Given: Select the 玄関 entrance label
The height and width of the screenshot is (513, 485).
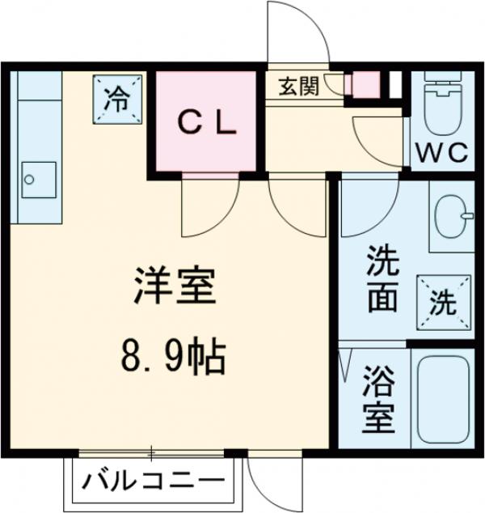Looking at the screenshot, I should pyautogui.click(x=297, y=87).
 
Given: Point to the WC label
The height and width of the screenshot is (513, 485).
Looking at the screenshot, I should pyautogui.click(x=441, y=153).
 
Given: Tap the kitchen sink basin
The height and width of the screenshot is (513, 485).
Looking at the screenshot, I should pyautogui.click(x=37, y=179).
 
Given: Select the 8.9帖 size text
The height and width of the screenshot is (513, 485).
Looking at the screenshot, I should pyautogui.click(x=173, y=355).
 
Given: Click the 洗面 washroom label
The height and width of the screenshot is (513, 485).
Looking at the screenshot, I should pyautogui.click(x=382, y=280).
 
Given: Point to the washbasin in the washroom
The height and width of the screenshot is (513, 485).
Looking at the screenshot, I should pyautogui.click(x=451, y=215).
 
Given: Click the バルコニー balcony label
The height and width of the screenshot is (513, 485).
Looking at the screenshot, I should pyautogui.click(x=153, y=483).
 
